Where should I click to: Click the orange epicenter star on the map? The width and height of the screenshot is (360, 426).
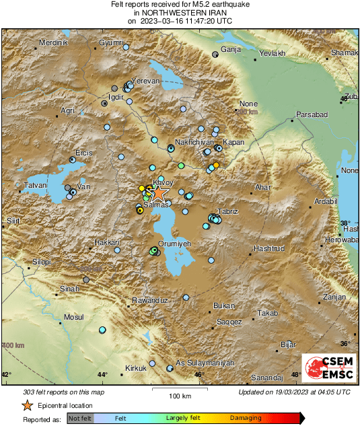pos(157,194)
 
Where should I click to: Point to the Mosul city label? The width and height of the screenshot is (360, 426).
pos(73,316)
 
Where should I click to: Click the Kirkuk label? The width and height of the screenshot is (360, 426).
pos(135,368)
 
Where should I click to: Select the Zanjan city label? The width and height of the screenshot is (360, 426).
pos(333,297)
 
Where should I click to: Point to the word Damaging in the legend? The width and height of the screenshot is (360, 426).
pos(246,419)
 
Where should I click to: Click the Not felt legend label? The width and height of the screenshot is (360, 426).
pos(81,419)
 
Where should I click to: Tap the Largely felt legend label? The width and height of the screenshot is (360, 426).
pos(184,419)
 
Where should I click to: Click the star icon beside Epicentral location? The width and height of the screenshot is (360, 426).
pos(27,405)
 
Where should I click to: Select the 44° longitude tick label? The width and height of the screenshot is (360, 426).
pos(102,374)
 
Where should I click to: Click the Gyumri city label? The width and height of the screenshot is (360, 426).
pos(111,43)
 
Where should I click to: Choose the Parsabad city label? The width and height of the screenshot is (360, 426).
pos(312,115)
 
